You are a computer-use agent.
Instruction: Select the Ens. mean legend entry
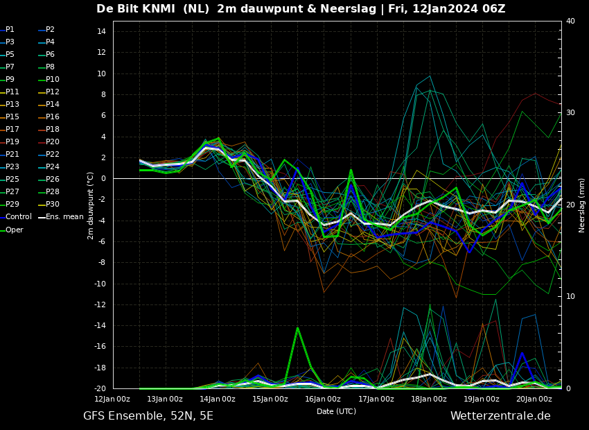click(x=64, y=217)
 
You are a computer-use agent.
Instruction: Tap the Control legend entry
click(x=19, y=217)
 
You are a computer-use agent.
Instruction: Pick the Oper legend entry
click(x=14, y=230)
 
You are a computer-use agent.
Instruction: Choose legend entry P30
click(x=53, y=205)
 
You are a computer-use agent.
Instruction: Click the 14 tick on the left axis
click(x=100, y=31)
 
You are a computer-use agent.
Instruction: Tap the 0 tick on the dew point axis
click(x=103, y=178)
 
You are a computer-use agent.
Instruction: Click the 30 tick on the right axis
click(x=570, y=112)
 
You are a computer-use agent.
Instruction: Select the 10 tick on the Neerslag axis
click(x=570, y=296)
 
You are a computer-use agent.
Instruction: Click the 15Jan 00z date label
click(x=270, y=399)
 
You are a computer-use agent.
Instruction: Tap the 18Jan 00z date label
click(x=429, y=399)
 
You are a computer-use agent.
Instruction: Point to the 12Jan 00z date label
click(x=112, y=399)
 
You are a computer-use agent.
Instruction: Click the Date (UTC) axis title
click(x=336, y=412)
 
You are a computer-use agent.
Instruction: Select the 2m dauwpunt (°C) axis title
click(x=91, y=205)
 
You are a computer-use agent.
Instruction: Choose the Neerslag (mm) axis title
click(x=582, y=205)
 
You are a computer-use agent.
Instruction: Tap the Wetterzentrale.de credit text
click(x=500, y=416)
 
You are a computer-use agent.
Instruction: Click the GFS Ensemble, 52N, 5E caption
click(x=148, y=416)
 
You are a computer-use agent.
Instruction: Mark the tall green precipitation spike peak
click(x=297, y=328)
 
